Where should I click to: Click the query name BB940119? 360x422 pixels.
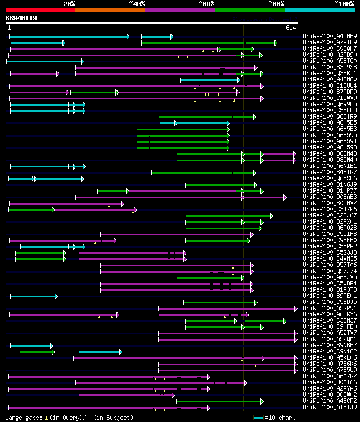(x=21, y=18)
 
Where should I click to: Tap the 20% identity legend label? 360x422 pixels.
(x=69, y=4)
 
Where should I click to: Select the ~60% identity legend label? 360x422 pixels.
(x=206, y=4)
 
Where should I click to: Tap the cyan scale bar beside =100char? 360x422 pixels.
(x=258, y=418)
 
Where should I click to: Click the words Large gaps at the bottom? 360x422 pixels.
(x=23, y=418)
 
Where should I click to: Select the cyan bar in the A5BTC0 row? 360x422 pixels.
(x=45, y=61)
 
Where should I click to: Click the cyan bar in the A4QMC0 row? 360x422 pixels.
(x=210, y=80)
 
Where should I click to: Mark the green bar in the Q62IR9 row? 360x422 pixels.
(x=207, y=117)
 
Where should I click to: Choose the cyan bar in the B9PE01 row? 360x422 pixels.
(x=33, y=296)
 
